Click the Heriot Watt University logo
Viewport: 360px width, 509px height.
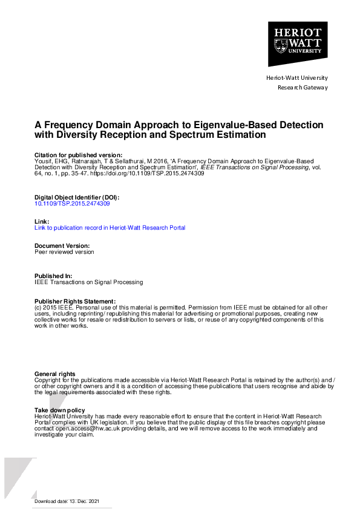tap(298, 44)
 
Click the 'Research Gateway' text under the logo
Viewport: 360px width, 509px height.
tap(302, 88)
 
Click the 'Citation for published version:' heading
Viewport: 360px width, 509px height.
tap(79, 155)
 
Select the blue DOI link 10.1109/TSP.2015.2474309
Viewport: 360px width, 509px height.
tap(73, 204)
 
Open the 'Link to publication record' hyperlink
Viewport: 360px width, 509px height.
tap(110, 228)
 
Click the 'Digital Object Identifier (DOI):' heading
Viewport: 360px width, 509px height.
tap(77, 198)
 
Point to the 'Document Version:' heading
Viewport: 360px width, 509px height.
tap(62, 246)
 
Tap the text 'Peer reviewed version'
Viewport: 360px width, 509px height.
tap(65, 252)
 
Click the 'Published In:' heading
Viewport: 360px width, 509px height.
tap(54, 276)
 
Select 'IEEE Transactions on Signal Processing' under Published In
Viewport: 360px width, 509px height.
tap(89, 282)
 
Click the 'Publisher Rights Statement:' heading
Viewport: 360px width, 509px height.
tap(75, 301)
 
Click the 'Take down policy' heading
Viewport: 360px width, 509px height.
tap(60, 410)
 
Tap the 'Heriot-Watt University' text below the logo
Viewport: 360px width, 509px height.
tap(297, 78)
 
